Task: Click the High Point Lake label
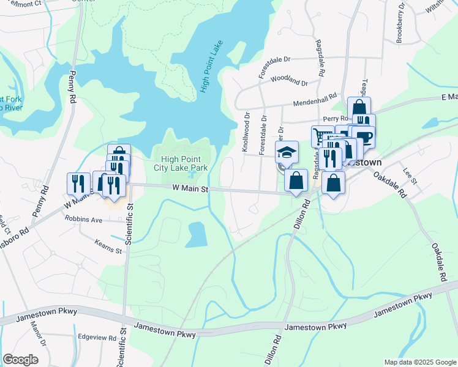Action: pos(212,68)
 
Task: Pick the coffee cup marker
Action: pos(363,137)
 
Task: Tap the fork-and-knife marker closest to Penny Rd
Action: pos(78,182)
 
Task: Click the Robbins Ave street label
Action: pos(84,219)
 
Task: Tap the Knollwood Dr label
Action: pos(246,132)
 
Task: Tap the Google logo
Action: pos(20,360)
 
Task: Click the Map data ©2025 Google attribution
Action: pos(419,362)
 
